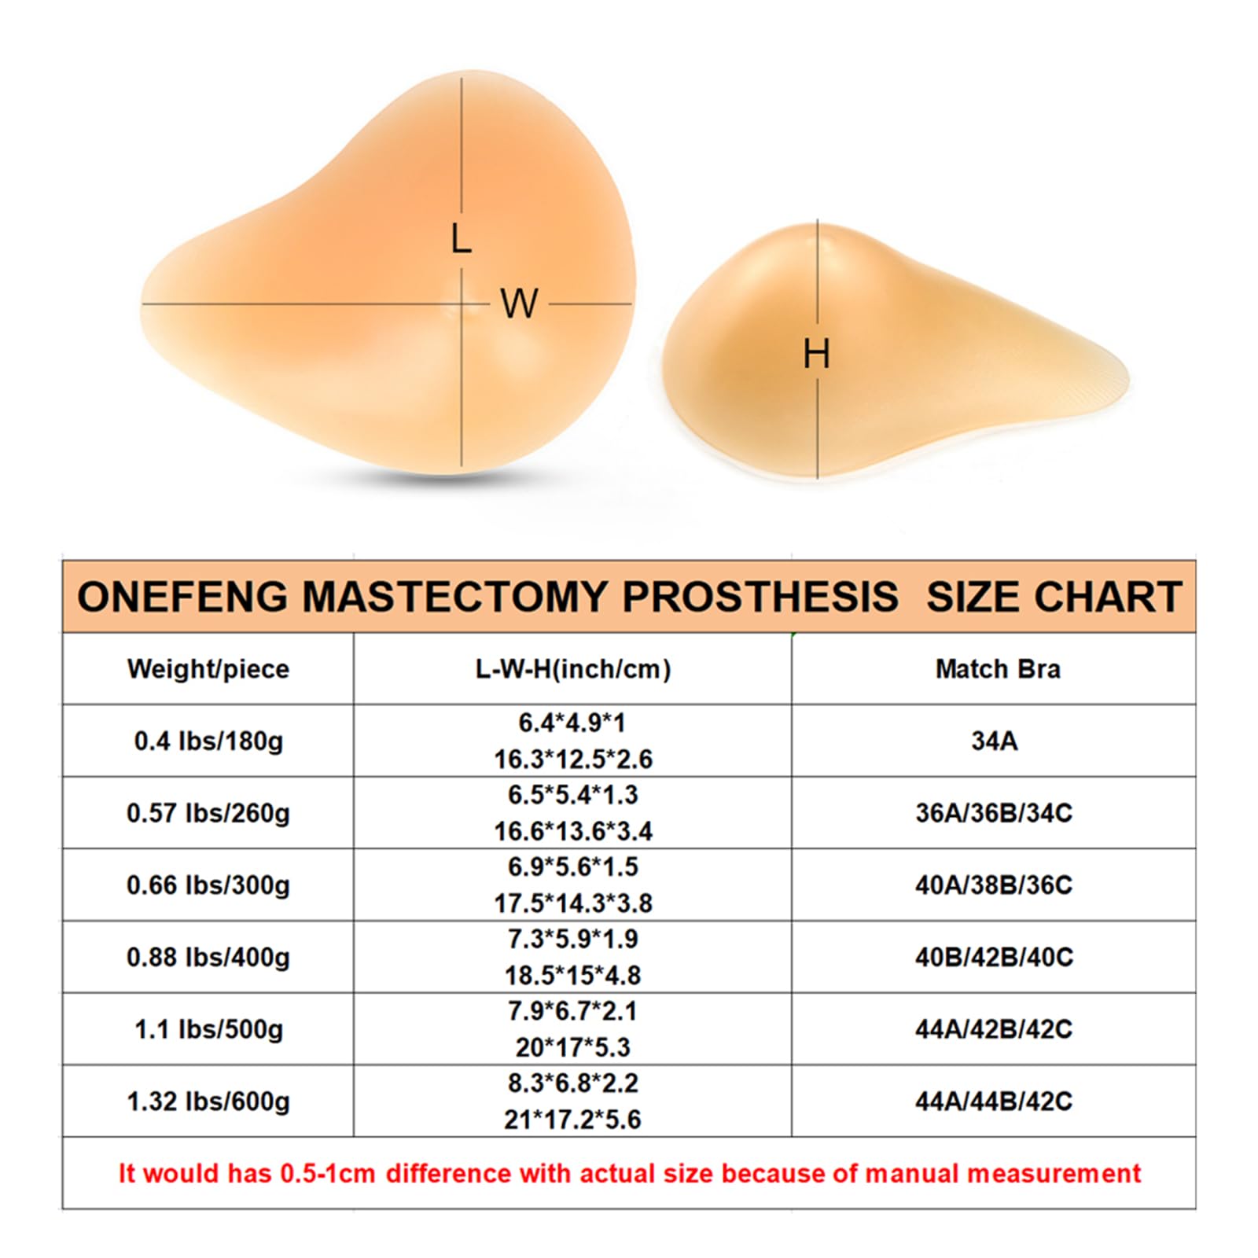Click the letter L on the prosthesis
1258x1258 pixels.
pos(461,238)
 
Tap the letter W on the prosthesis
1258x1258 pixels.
pos(519,303)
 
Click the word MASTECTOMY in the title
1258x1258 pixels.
pos(454,597)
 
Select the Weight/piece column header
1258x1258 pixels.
pos(208,669)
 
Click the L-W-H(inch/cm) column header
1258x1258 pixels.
pos(573,669)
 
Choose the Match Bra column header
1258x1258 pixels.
pos(997,669)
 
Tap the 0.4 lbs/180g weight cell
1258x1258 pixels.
pos(208,741)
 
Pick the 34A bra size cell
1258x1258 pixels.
pos(995,741)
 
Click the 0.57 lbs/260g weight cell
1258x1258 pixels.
pos(208,813)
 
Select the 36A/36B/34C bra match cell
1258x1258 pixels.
pos(994,813)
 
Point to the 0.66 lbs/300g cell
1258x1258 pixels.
pos(208,885)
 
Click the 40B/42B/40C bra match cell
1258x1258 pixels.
pos(994,958)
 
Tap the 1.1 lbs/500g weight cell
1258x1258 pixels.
pos(208,1029)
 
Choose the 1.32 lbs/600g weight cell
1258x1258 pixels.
pos(208,1102)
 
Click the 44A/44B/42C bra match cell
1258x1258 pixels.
pos(994,1102)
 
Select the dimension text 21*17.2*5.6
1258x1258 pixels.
pos(572,1120)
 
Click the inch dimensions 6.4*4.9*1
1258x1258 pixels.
pos(572,723)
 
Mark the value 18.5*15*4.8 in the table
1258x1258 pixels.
pos(572,976)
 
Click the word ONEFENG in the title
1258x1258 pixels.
pos(182,597)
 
